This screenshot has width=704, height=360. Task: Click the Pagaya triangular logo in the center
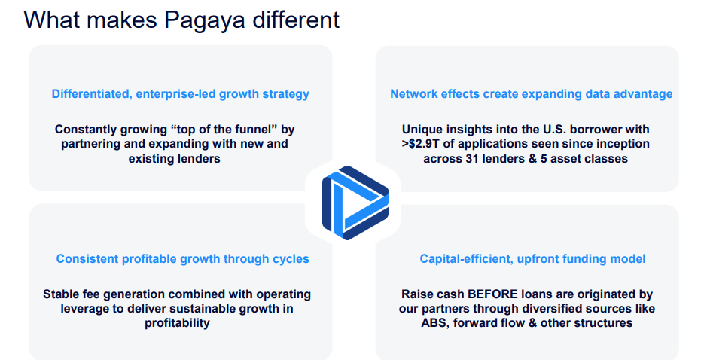click(x=355, y=203)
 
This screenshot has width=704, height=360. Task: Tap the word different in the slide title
click(x=296, y=20)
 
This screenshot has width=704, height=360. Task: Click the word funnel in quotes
click(x=251, y=130)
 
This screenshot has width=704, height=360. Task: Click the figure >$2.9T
click(x=419, y=144)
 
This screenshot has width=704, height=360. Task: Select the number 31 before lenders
click(x=468, y=158)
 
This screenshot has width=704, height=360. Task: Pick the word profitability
click(x=177, y=323)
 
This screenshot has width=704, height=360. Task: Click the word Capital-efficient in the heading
click(x=467, y=259)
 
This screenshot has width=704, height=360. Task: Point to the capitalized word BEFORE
click(x=492, y=294)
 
